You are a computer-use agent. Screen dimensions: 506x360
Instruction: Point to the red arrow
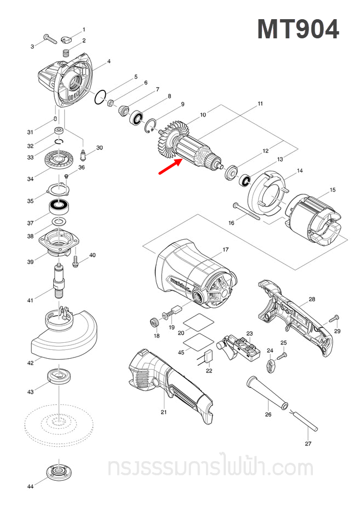pos(171,166)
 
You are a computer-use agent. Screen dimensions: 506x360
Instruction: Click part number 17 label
pos(225,250)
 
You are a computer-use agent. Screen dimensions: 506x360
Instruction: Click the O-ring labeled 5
pos(99,98)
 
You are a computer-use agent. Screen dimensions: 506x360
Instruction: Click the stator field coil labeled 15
pos(314,219)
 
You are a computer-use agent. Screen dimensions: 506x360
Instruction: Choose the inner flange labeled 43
pos(56,376)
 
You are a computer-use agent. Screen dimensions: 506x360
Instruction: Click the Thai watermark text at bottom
pos(210,468)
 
